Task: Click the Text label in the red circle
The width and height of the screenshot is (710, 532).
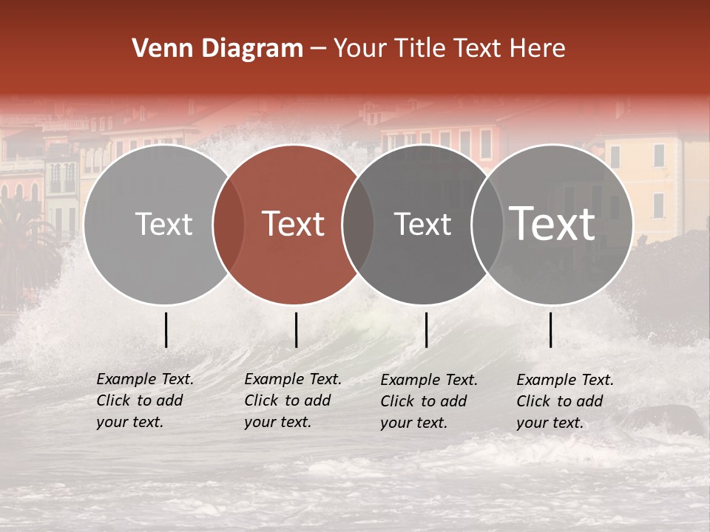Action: tap(294, 224)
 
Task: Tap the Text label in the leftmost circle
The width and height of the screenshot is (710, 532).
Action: tap(163, 224)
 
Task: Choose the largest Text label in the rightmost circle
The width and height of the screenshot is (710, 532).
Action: tap(552, 224)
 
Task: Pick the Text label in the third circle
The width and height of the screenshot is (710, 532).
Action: tap(422, 224)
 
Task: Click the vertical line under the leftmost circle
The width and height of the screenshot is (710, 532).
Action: tap(166, 330)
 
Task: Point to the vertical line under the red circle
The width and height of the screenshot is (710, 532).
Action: tap(296, 330)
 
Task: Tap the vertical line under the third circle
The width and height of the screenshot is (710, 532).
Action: tap(426, 330)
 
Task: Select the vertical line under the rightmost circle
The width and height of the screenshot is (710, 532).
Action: tap(551, 330)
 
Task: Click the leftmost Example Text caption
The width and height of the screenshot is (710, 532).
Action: tap(144, 400)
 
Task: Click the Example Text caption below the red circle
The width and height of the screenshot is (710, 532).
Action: tap(292, 400)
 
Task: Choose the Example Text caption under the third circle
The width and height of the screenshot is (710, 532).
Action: tap(428, 401)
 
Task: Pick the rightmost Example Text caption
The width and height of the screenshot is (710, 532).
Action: tap(564, 401)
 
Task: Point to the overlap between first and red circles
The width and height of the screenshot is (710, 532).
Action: tap(228, 224)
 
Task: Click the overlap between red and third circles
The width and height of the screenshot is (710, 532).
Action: tap(358, 224)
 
